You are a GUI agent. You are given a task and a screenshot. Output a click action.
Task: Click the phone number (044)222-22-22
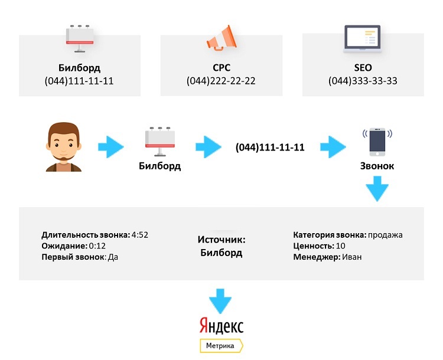point(221,81)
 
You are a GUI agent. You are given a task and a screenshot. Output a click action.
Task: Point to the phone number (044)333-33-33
point(363,81)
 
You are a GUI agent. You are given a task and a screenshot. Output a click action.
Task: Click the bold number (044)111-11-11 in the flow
point(269,148)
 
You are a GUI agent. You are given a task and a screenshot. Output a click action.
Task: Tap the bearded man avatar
point(63,147)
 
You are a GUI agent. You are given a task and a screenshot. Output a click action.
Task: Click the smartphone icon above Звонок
point(377,142)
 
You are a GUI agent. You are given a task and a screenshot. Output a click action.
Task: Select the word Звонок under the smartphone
point(377,166)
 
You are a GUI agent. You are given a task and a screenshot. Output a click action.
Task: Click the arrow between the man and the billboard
point(111,147)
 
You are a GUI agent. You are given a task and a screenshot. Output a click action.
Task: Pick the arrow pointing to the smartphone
point(333,147)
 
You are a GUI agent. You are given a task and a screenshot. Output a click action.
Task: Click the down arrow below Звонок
point(377,191)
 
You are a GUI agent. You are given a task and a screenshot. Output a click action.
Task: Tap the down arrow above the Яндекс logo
point(221,300)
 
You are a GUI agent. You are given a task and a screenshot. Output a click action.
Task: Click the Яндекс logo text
point(221,326)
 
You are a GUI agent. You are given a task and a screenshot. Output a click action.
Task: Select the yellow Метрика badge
point(221,345)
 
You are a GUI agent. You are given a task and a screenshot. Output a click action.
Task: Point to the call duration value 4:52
point(139,235)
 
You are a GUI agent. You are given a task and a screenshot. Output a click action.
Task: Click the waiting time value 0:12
point(98,246)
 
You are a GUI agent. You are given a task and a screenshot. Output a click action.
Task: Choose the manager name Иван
point(351,257)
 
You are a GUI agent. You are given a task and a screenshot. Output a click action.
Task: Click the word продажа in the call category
point(385,235)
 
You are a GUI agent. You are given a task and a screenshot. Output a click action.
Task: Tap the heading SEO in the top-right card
point(363,68)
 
